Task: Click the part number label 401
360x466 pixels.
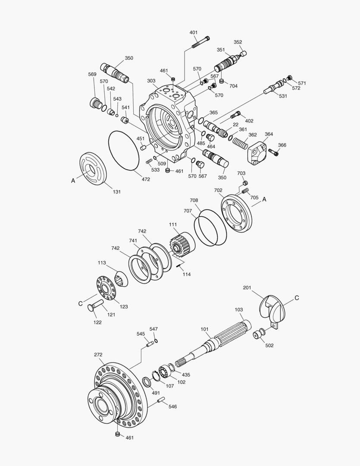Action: (x=194, y=33)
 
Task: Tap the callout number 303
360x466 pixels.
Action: (x=151, y=81)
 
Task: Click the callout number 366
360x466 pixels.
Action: (x=282, y=145)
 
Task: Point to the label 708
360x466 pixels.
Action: (x=194, y=201)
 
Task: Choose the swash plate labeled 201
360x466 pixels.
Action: (x=272, y=310)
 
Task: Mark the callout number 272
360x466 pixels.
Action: (x=98, y=355)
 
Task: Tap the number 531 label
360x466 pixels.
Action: (x=283, y=96)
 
